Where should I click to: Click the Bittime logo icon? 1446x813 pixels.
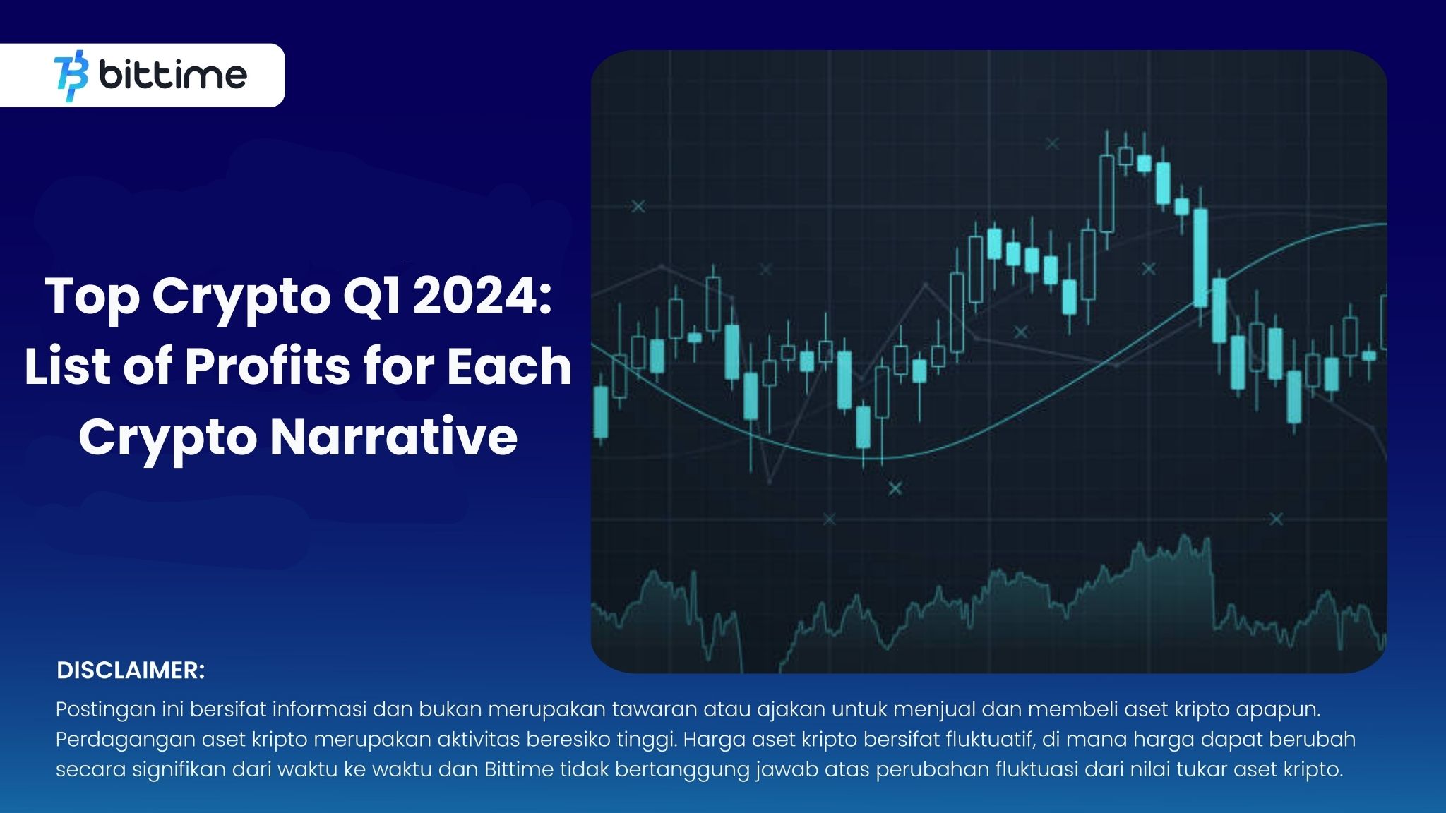coord(71,76)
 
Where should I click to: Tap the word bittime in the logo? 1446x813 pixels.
coord(173,76)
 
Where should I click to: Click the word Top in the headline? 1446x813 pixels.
coord(92,296)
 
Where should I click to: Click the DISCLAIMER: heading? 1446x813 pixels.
coord(131,670)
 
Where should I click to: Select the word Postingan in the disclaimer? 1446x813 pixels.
coord(106,709)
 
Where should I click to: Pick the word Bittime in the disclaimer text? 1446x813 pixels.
coord(519,769)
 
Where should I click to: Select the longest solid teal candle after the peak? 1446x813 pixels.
coord(1200,258)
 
